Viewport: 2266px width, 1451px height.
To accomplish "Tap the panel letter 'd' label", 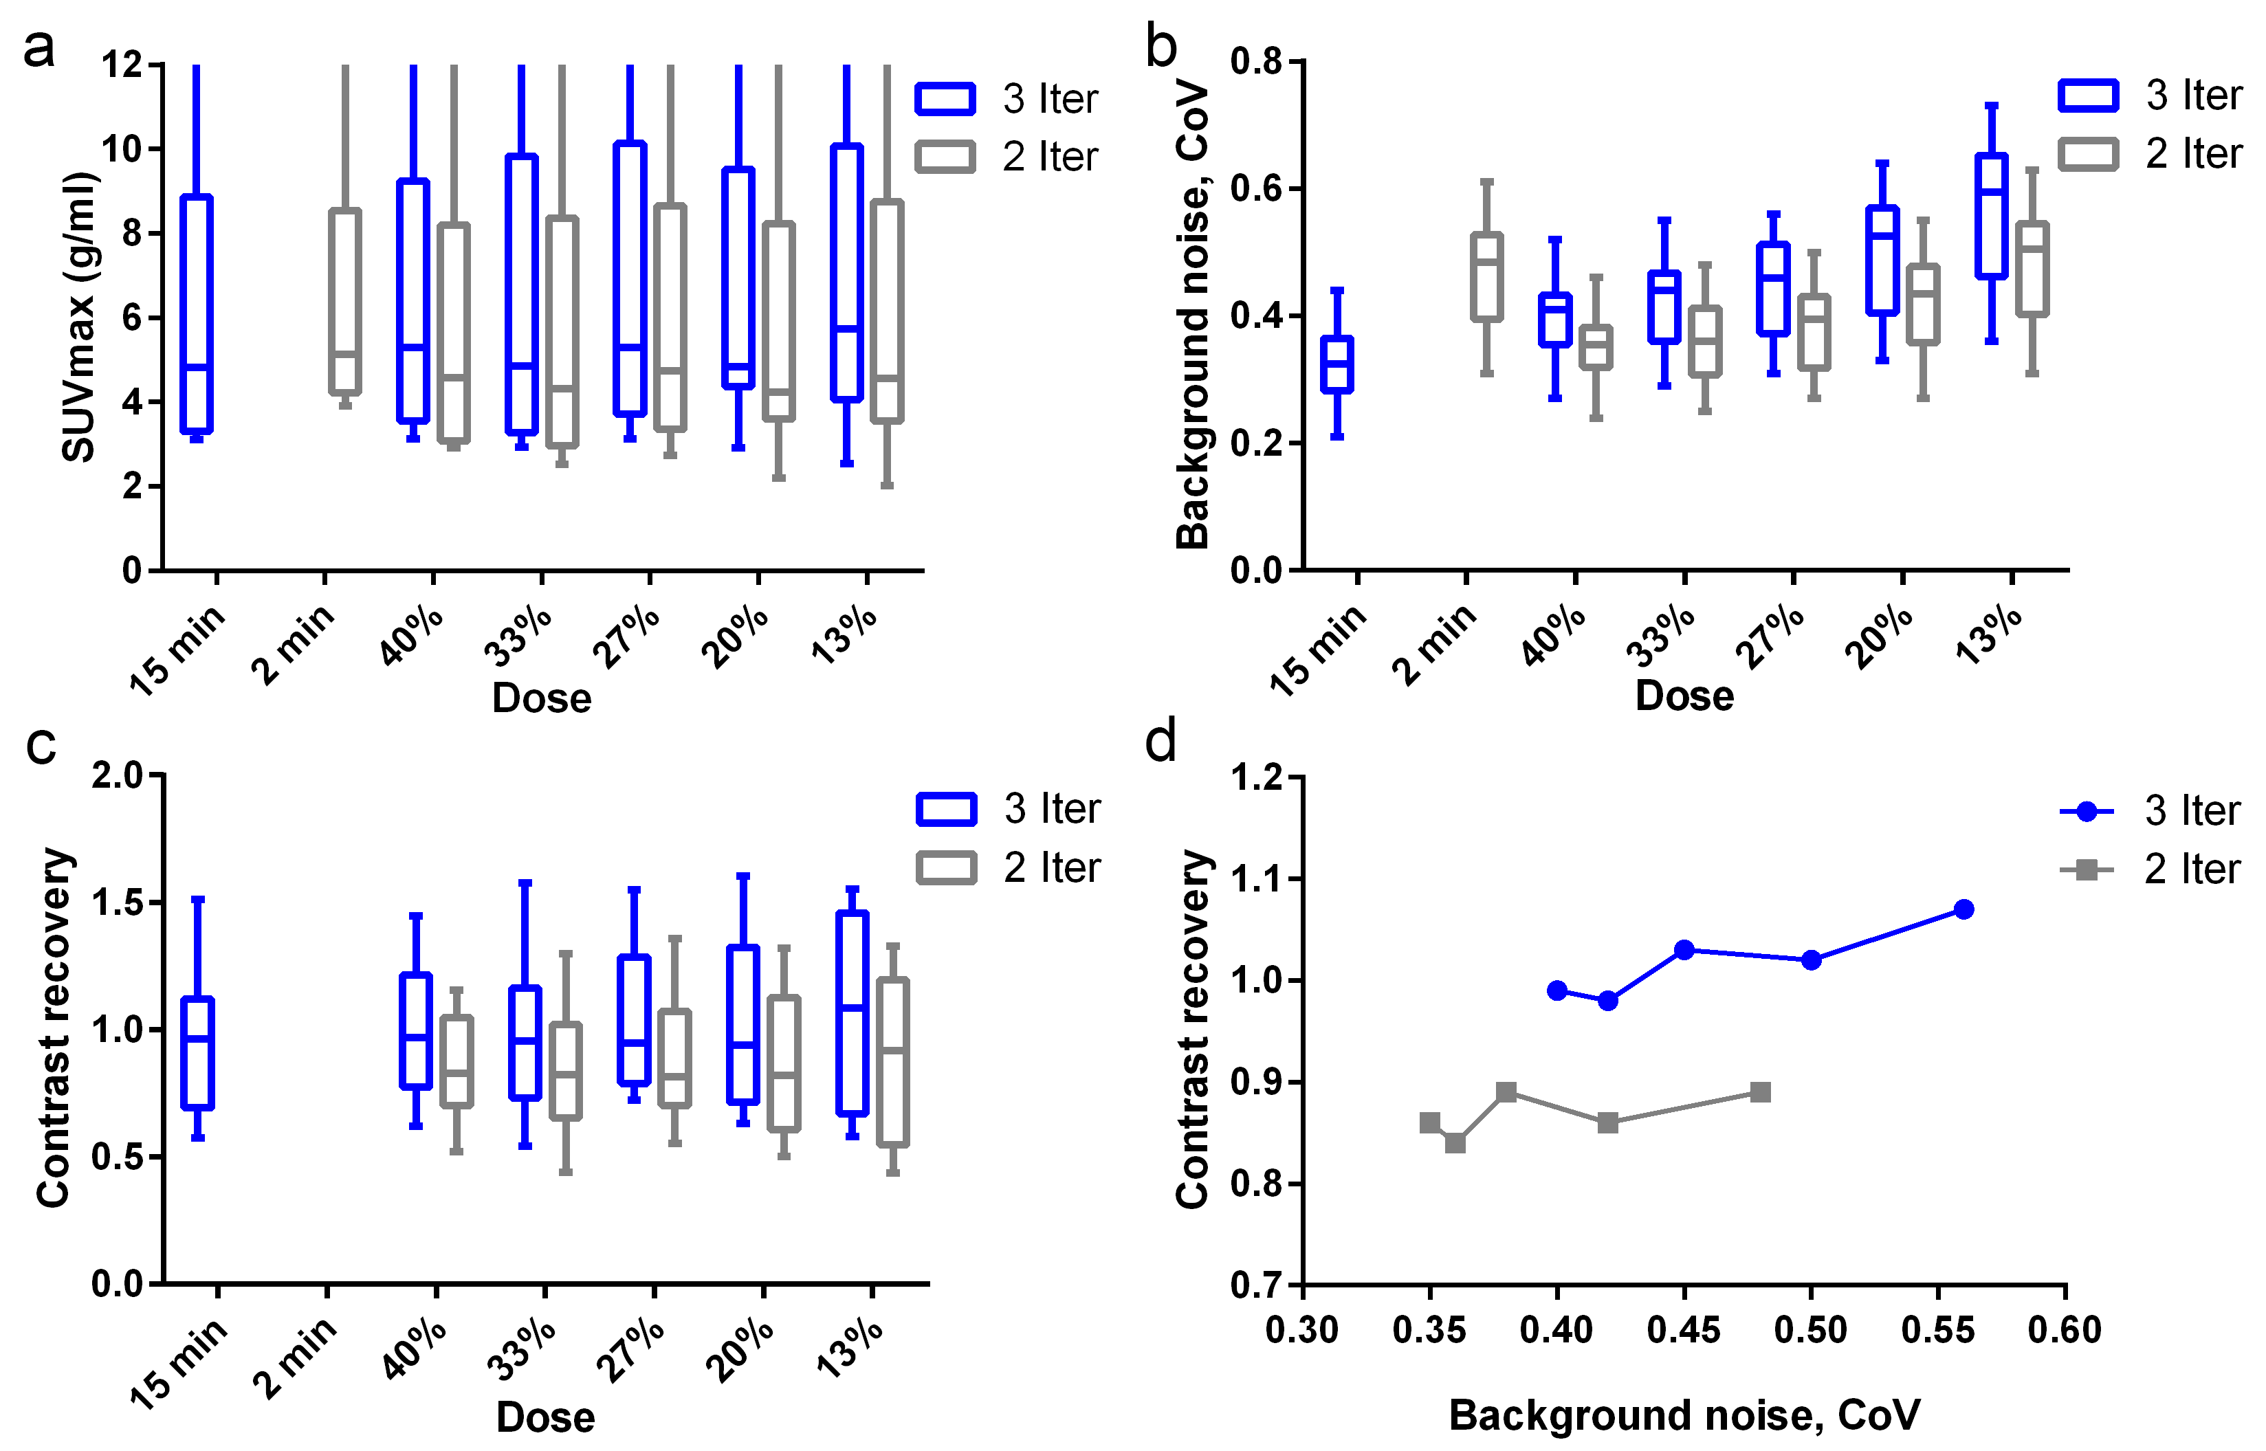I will pos(1160,742).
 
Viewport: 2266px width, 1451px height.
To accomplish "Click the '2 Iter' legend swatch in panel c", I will pos(946,867).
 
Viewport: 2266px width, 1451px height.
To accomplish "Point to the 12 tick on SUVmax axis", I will pos(122,65).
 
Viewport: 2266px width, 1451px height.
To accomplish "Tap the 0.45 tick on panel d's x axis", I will pos(1684,1331).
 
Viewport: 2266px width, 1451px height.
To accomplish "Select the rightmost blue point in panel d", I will pos(1963,909).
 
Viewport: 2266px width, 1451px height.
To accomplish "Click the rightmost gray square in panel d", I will pos(1760,1092).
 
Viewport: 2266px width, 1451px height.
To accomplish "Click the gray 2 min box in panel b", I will pos(1487,277).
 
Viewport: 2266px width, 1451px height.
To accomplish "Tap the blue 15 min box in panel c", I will pos(198,1052).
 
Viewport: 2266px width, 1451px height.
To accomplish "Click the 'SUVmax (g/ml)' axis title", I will pos(79,317).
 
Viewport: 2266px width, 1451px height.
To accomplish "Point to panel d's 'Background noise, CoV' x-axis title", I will pos(1684,1415).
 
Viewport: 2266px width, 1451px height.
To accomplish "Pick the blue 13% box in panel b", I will pos(1991,216).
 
